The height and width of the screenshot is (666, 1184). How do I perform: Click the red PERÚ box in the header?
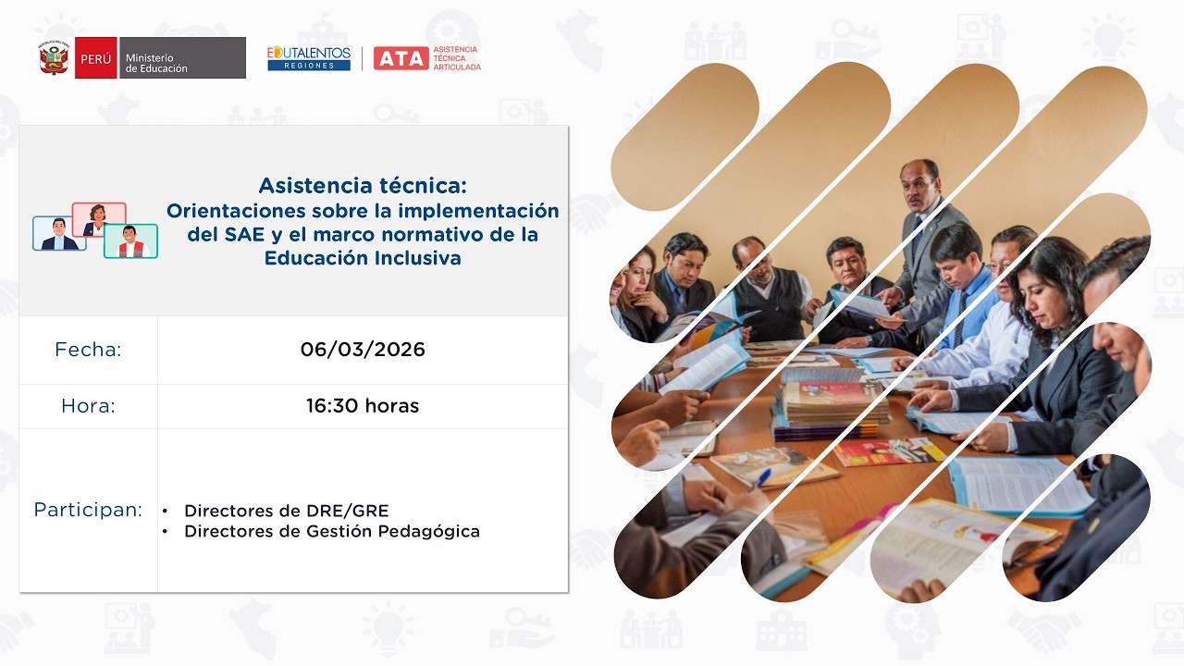tap(95, 57)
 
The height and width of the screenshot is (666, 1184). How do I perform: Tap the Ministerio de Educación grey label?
tap(182, 57)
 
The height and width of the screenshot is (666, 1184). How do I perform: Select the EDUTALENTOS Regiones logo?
tap(309, 58)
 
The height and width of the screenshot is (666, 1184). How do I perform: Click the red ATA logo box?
tap(401, 58)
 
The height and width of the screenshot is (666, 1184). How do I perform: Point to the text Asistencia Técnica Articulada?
tap(457, 58)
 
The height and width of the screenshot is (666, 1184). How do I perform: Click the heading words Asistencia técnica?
tap(363, 185)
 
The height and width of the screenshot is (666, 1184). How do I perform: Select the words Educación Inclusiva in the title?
tap(363, 258)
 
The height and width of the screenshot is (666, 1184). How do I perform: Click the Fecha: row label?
tap(88, 350)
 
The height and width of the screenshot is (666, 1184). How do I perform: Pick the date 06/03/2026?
tap(363, 350)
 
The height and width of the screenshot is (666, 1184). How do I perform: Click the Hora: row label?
tap(88, 406)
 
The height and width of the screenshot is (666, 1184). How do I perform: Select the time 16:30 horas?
tap(363, 406)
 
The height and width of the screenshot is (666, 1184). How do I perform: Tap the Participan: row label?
tap(88, 510)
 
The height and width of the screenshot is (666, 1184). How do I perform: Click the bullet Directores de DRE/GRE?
tap(286, 511)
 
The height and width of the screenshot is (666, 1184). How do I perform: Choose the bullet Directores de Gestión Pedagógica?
tap(331, 531)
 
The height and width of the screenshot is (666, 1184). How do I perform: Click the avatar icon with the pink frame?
tap(98, 220)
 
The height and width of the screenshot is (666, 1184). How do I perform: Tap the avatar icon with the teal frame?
tap(130, 240)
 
